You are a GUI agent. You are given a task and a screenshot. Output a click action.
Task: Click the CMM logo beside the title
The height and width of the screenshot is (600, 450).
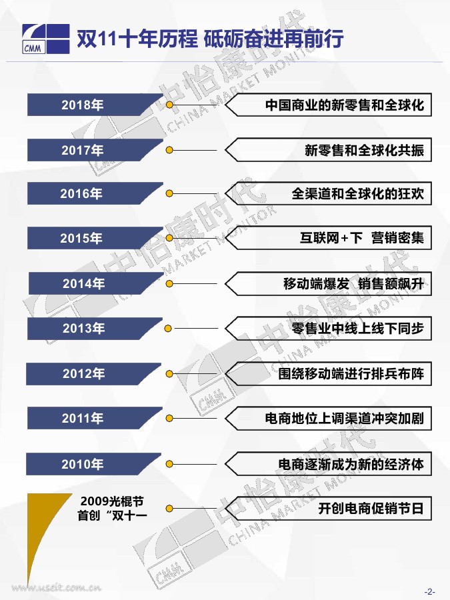(x=45, y=39)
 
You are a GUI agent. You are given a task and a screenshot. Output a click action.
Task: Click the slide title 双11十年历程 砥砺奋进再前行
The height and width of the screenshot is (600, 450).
(x=210, y=39)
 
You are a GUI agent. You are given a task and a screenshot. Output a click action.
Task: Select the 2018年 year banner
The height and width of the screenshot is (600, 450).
(x=87, y=105)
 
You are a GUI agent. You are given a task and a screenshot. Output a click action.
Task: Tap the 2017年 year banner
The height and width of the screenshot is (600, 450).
(x=87, y=150)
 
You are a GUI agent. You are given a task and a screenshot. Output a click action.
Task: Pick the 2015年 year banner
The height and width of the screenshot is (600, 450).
(x=87, y=238)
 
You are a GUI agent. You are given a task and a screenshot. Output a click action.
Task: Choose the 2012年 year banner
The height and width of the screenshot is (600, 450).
(x=87, y=373)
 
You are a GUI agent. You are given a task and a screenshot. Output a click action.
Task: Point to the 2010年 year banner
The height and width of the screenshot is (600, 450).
(x=87, y=464)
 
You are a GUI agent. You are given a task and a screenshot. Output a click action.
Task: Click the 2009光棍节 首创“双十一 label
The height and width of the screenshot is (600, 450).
(x=112, y=507)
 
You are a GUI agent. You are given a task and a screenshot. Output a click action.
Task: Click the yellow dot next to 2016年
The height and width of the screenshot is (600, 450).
(x=170, y=194)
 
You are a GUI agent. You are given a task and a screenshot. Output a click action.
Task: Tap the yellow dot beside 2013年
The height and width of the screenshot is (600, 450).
(x=169, y=329)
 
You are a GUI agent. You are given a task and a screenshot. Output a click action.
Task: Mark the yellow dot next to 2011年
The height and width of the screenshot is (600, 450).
(x=170, y=418)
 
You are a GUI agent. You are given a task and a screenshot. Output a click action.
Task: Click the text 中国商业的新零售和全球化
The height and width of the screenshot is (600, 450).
(x=344, y=105)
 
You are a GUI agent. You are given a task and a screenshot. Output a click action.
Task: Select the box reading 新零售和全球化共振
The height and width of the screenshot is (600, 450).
(x=363, y=150)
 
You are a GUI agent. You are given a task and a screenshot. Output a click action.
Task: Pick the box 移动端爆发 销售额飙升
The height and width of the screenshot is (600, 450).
(x=353, y=283)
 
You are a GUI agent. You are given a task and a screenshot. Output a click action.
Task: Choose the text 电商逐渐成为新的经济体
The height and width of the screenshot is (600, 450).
(x=351, y=463)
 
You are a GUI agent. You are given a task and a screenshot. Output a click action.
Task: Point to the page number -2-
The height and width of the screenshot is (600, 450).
(x=429, y=591)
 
